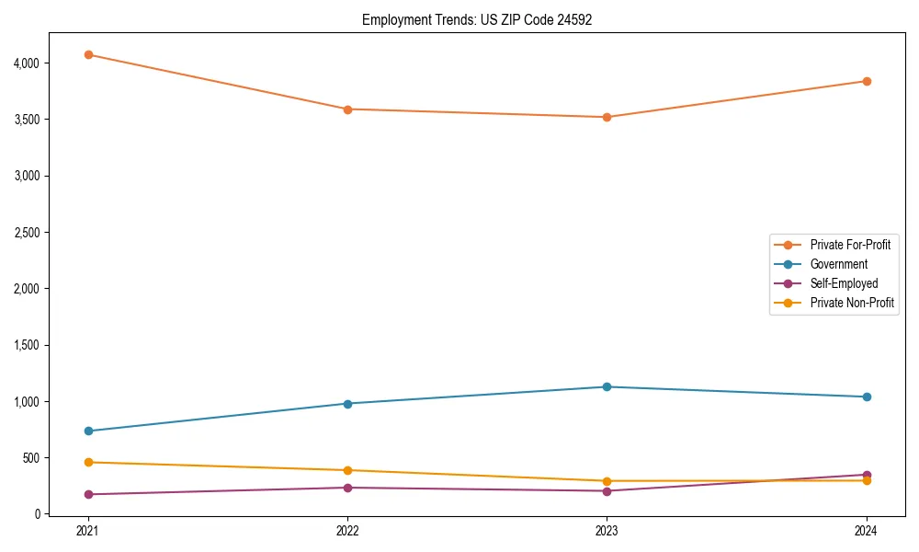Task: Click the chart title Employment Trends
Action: pos(476,19)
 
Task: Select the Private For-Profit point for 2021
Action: pos(88,54)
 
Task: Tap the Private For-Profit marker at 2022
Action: pos(347,109)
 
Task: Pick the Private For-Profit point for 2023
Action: pos(607,117)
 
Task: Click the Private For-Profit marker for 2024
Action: pos(867,81)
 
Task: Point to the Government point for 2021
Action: pos(88,431)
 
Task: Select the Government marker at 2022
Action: pos(347,404)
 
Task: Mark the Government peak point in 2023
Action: pos(607,386)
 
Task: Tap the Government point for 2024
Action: pos(867,397)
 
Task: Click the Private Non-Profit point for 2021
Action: pos(88,462)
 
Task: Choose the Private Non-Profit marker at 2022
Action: pos(347,470)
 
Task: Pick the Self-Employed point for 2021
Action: pos(88,494)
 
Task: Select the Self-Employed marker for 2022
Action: pos(347,488)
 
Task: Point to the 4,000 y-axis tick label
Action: pos(27,63)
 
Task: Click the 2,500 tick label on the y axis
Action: pos(27,233)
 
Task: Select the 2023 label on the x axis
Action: pos(607,531)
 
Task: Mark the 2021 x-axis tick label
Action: pos(88,531)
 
